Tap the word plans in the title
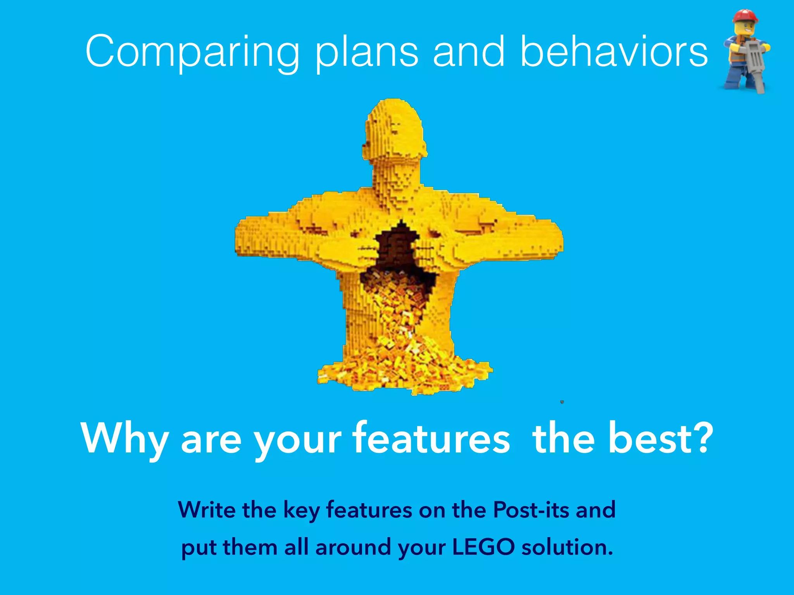366,52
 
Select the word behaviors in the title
614,51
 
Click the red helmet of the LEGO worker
745,16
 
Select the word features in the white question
431,438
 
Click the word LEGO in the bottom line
483,547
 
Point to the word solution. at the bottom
567,547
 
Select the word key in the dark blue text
302,511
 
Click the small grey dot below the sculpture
562,402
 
